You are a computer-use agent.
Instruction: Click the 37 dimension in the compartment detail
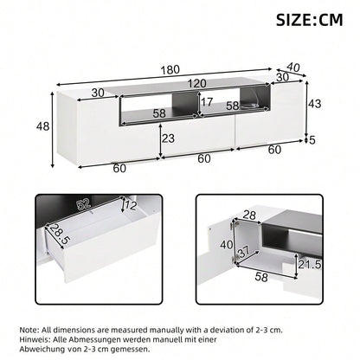click(x=245, y=252)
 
